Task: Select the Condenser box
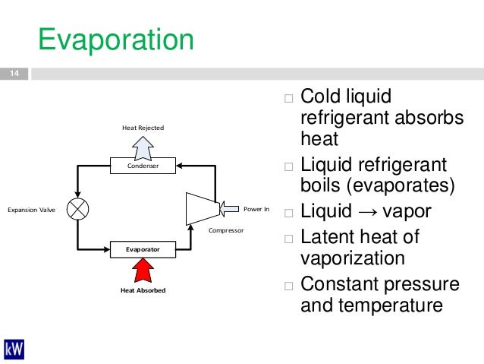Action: click(x=143, y=164)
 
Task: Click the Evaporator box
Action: click(x=143, y=248)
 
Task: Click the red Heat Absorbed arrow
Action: click(x=143, y=269)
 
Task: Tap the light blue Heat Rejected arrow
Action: click(x=143, y=147)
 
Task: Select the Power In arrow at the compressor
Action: click(x=229, y=207)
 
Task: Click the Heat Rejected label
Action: click(x=143, y=128)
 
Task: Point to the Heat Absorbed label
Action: click(x=143, y=290)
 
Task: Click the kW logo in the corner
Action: click(x=14, y=349)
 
